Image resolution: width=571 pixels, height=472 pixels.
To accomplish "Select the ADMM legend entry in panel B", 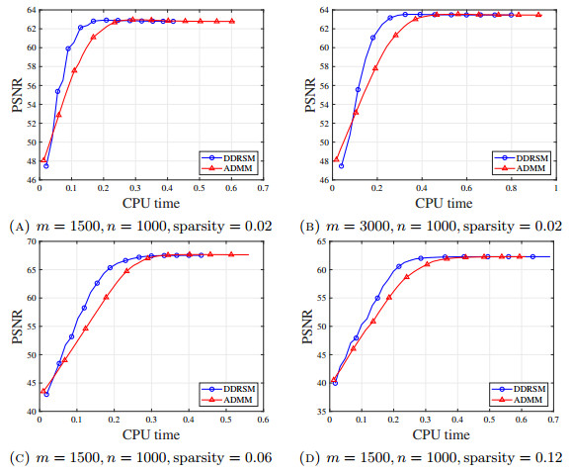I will pyautogui.click(x=528, y=168).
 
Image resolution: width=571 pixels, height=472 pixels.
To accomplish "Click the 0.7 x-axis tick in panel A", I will pyautogui.click(x=263, y=187).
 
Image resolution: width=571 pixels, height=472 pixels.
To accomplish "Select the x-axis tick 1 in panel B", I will pyautogui.click(x=556, y=187).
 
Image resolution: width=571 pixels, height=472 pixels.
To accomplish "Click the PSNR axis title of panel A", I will pyautogui.click(x=14, y=92).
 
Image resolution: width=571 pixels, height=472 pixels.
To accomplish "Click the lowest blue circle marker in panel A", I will pyautogui.click(x=46, y=165).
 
